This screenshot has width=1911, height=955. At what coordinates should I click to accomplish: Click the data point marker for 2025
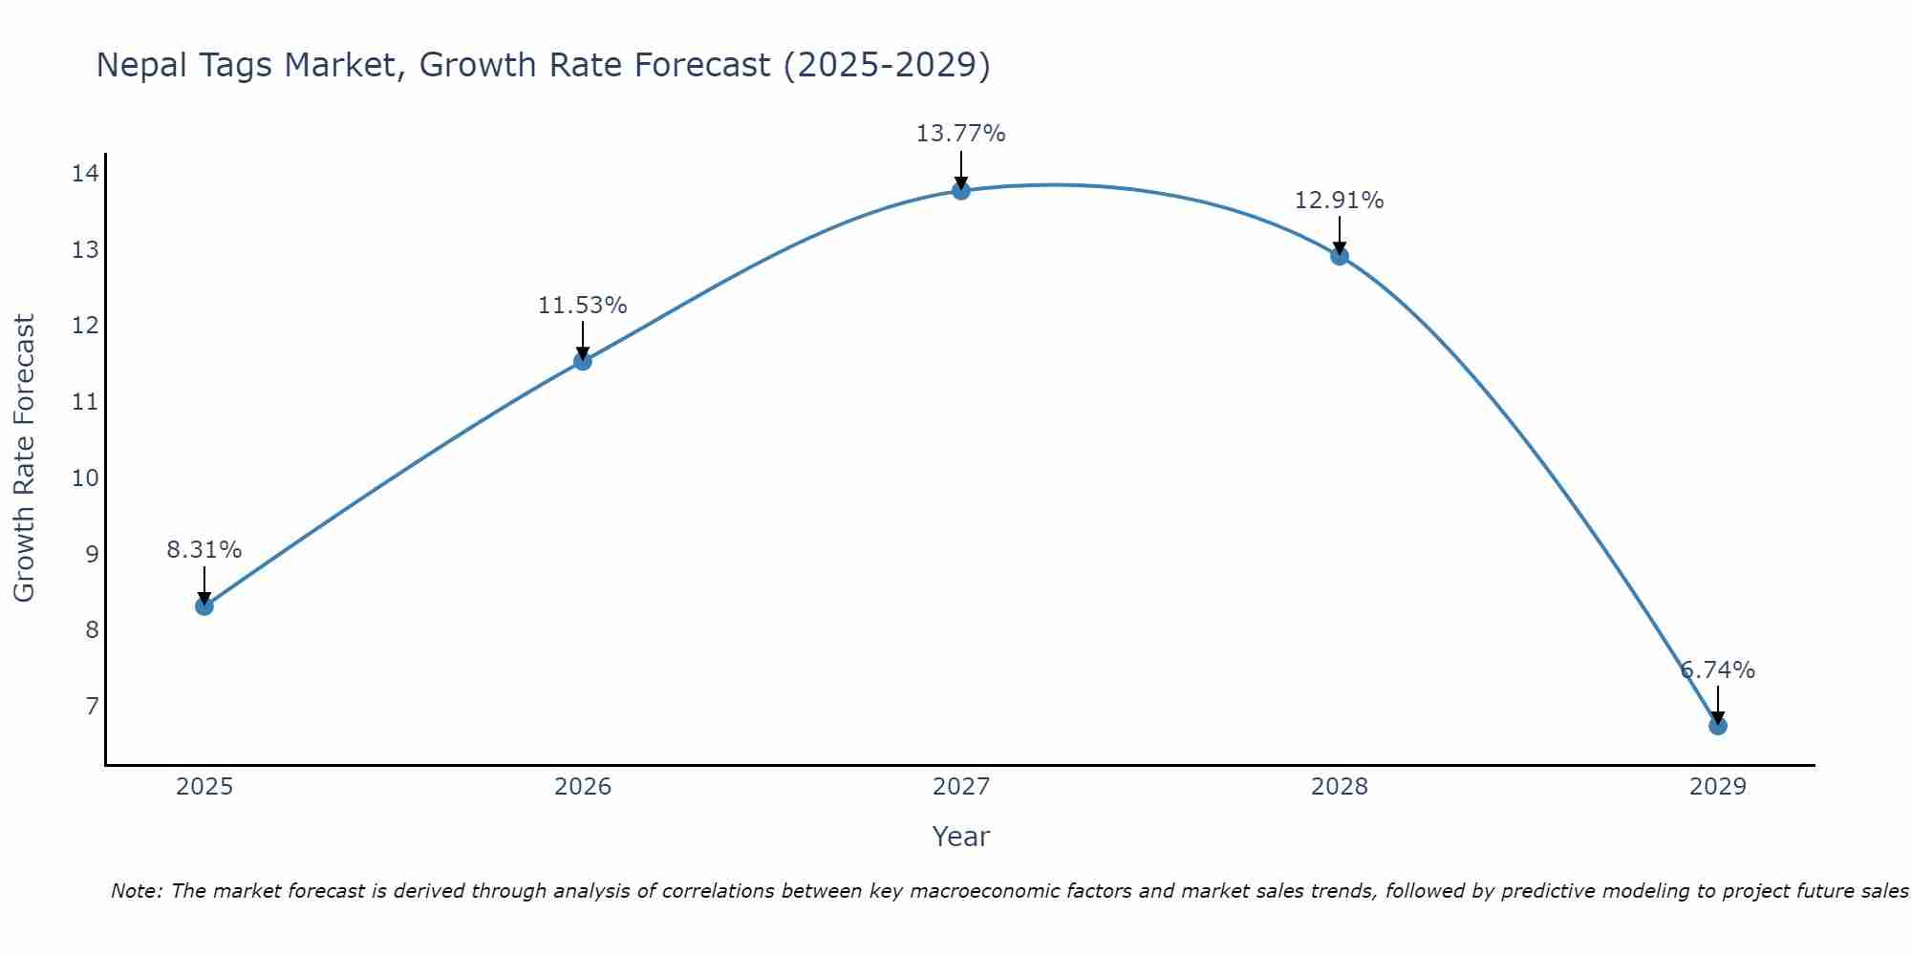point(204,605)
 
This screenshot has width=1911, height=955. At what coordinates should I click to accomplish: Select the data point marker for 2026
point(583,361)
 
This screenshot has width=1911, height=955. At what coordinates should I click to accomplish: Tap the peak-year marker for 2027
point(961,191)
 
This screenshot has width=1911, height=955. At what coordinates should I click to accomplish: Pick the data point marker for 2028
point(1340,256)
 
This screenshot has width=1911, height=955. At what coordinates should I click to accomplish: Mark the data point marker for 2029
point(1717,726)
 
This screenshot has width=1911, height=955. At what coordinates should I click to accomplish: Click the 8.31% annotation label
point(204,550)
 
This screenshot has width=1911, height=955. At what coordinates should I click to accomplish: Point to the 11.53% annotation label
point(583,306)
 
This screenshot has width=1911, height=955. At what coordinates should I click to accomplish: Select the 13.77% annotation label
point(961,134)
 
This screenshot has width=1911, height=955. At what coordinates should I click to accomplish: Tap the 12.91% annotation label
point(1340,201)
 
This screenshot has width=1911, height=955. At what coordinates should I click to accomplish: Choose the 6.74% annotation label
point(1717,670)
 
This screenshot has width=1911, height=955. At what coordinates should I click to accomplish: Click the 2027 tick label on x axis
point(961,787)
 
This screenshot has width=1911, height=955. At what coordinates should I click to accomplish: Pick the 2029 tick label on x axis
point(1717,787)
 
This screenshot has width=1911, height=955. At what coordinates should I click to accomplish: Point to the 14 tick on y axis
point(85,174)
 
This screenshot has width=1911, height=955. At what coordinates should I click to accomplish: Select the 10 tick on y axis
point(85,477)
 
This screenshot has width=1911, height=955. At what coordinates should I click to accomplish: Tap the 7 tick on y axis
point(92,707)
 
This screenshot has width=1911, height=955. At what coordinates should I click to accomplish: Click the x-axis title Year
point(961,837)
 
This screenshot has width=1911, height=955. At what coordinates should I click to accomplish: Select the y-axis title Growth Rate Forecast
point(24,458)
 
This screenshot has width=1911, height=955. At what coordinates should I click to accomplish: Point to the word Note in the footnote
point(137,891)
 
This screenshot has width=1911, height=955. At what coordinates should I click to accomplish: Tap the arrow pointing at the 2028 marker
point(1340,235)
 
